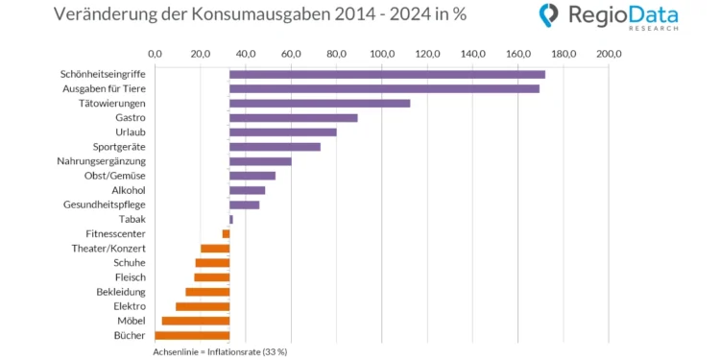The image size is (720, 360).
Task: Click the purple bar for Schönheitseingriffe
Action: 387,74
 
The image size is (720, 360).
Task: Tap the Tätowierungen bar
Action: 320,103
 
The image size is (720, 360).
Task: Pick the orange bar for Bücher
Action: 192,335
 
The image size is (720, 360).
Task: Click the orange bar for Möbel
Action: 196,321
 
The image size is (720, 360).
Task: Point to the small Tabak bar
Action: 231,219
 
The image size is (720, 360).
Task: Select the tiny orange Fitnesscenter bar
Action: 226,233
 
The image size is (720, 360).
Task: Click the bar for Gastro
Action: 293,117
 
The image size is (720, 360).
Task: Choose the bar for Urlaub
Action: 283,132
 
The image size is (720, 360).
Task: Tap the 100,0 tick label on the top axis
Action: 382,54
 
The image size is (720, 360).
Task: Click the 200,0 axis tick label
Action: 610,54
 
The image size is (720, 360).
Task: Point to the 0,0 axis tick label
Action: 155,54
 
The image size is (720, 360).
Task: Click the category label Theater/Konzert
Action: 108,248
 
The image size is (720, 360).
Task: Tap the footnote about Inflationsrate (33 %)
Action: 220,351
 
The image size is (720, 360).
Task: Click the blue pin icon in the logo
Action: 548,15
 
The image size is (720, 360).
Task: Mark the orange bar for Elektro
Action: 203,306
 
